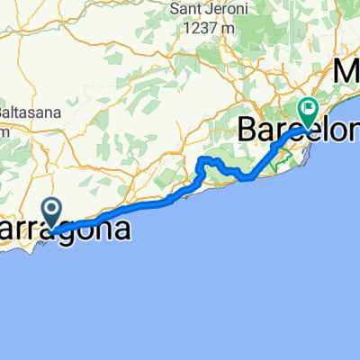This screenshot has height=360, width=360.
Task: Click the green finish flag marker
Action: click(x=310, y=111)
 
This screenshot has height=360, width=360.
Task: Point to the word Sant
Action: click(x=184, y=12)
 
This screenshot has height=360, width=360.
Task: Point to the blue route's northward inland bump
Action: click(x=208, y=161)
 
